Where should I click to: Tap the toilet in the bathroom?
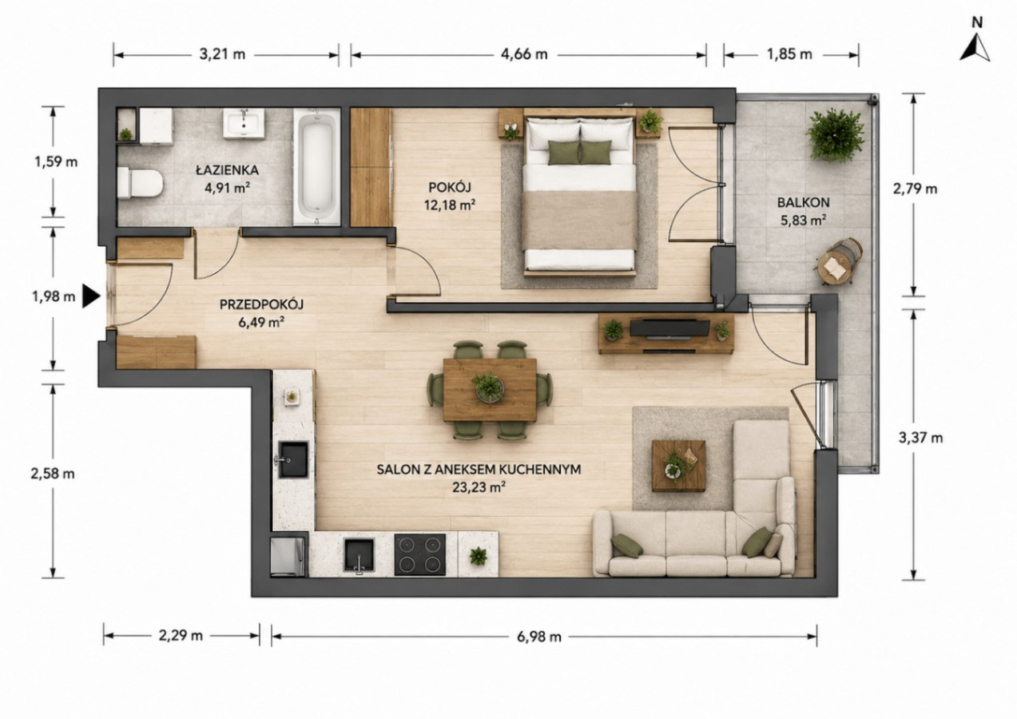pyautogui.click(x=140, y=183)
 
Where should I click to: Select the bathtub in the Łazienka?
pyautogui.click(x=316, y=167)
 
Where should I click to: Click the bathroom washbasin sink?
pyautogui.click(x=244, y=122)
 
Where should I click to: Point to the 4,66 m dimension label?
pyautogui.click(x=524, y=54)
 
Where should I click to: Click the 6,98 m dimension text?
pyautogui.click(x=539, y=637)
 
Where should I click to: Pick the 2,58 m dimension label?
pyautogui.click(x=53, y=474)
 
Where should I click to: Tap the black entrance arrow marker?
pyautogui.click(x=91, y=296)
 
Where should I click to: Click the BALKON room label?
pyautogui.click(x=804, y=202)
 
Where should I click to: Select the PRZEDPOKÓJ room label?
pyautogui.click(x=261, y=304)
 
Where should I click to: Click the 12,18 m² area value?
pyautogui.click(x=450, y=205)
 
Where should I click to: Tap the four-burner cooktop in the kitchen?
pyautogui.click(x=420, y=554)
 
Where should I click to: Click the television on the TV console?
pyautogui.click(x=669, y=328)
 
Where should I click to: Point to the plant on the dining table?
pyautogui.click(x=488, y=387)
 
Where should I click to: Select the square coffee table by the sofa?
pyautogui.click(x=678, y=466)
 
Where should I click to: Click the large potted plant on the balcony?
pyautogui.click(x=835, y=135)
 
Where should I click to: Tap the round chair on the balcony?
pyautogui.click(x=840, y=262)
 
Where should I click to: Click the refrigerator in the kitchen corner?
pyautogui.click(x=288, y=557)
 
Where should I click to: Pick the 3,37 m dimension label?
pyautogui.click(x=921, y=438)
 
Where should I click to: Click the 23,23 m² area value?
pyautogui.click(x=479, y=487)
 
